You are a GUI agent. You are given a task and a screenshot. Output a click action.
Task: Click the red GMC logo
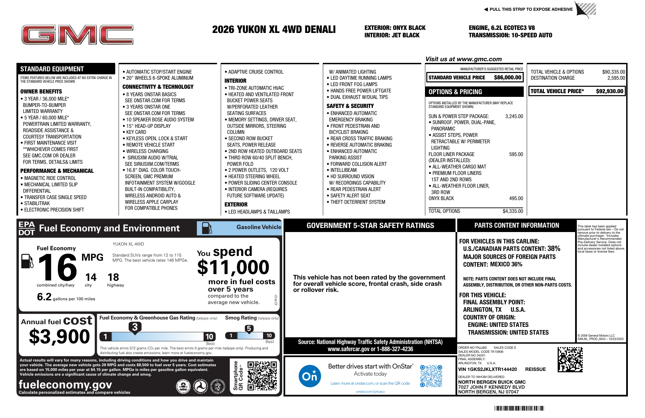(x=77, y=35)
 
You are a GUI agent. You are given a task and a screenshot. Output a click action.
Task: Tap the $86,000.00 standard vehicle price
(x=507, y=78)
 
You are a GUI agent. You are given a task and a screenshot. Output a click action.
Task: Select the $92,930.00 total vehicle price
(x=609, y=91)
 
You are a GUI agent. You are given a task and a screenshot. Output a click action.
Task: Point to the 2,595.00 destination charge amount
(x=616, y=78)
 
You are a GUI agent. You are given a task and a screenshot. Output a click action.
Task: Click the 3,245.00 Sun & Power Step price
(x=514, y=116)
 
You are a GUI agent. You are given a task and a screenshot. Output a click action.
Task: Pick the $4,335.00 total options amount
(x=513, y=211)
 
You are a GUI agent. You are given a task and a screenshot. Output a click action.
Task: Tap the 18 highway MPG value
(x=113, y=277)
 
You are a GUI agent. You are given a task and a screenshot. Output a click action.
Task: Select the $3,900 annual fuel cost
(x=59, y=336)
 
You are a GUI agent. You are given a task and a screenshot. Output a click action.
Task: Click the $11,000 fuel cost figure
(x=233, y=267)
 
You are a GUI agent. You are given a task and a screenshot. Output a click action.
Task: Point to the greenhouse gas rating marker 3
(x=135, y=327)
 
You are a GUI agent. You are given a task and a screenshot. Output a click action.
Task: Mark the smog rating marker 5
(x=249, y=329)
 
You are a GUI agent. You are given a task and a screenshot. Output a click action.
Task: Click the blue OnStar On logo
(x=309, y=376)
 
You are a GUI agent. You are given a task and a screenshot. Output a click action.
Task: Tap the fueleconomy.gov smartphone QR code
(x=262, y=376)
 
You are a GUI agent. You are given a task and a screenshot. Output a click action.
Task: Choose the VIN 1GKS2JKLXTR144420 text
(x=487, y=369)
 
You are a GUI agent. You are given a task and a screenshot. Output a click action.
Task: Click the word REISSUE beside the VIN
(x=535, y=369)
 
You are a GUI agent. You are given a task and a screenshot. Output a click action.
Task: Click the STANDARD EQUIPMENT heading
(x=52, y=69)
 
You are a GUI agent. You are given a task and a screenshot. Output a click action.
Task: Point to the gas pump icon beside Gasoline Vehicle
(x=207, y=228)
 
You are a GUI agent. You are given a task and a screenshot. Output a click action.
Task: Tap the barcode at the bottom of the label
(x=519, y=408)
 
